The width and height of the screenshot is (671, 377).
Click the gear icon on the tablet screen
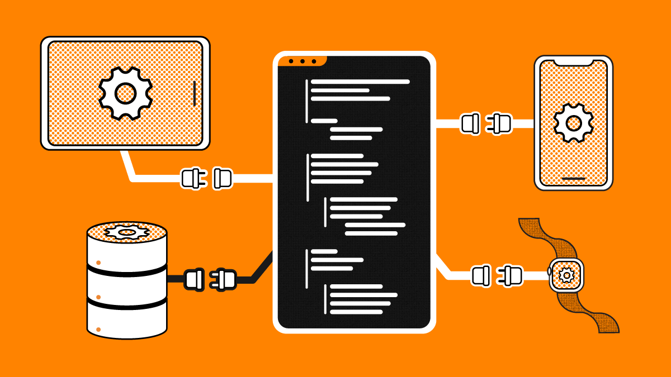pyautogui.click(x=125, y=93)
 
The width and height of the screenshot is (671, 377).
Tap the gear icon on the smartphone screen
pyautogui.click(x=573, y=122)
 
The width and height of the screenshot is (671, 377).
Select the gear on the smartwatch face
pyautogui.click(x=566, y=275)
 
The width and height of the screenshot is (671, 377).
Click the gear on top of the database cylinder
pyautogui.click(x=127, y=231)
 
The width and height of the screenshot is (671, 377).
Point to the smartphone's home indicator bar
pyautogui.click(x=573, y=179)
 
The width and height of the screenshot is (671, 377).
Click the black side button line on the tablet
pyautogui.click(x=194, y=93)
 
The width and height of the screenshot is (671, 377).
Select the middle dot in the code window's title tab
pyautogui.click(x=303, y=61)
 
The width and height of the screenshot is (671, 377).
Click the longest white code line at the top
pyautogui.click(x=360, y=82)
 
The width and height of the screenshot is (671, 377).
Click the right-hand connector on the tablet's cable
pyautogui.click(x=223, y=179)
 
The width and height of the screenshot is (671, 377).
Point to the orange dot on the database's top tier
pyautogui.click(x=98, y=262)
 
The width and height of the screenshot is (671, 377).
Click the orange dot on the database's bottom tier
pyautogui.click(x=98, y=330)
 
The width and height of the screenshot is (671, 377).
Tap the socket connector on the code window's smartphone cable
pyautogui.click(x=470, y=123)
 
